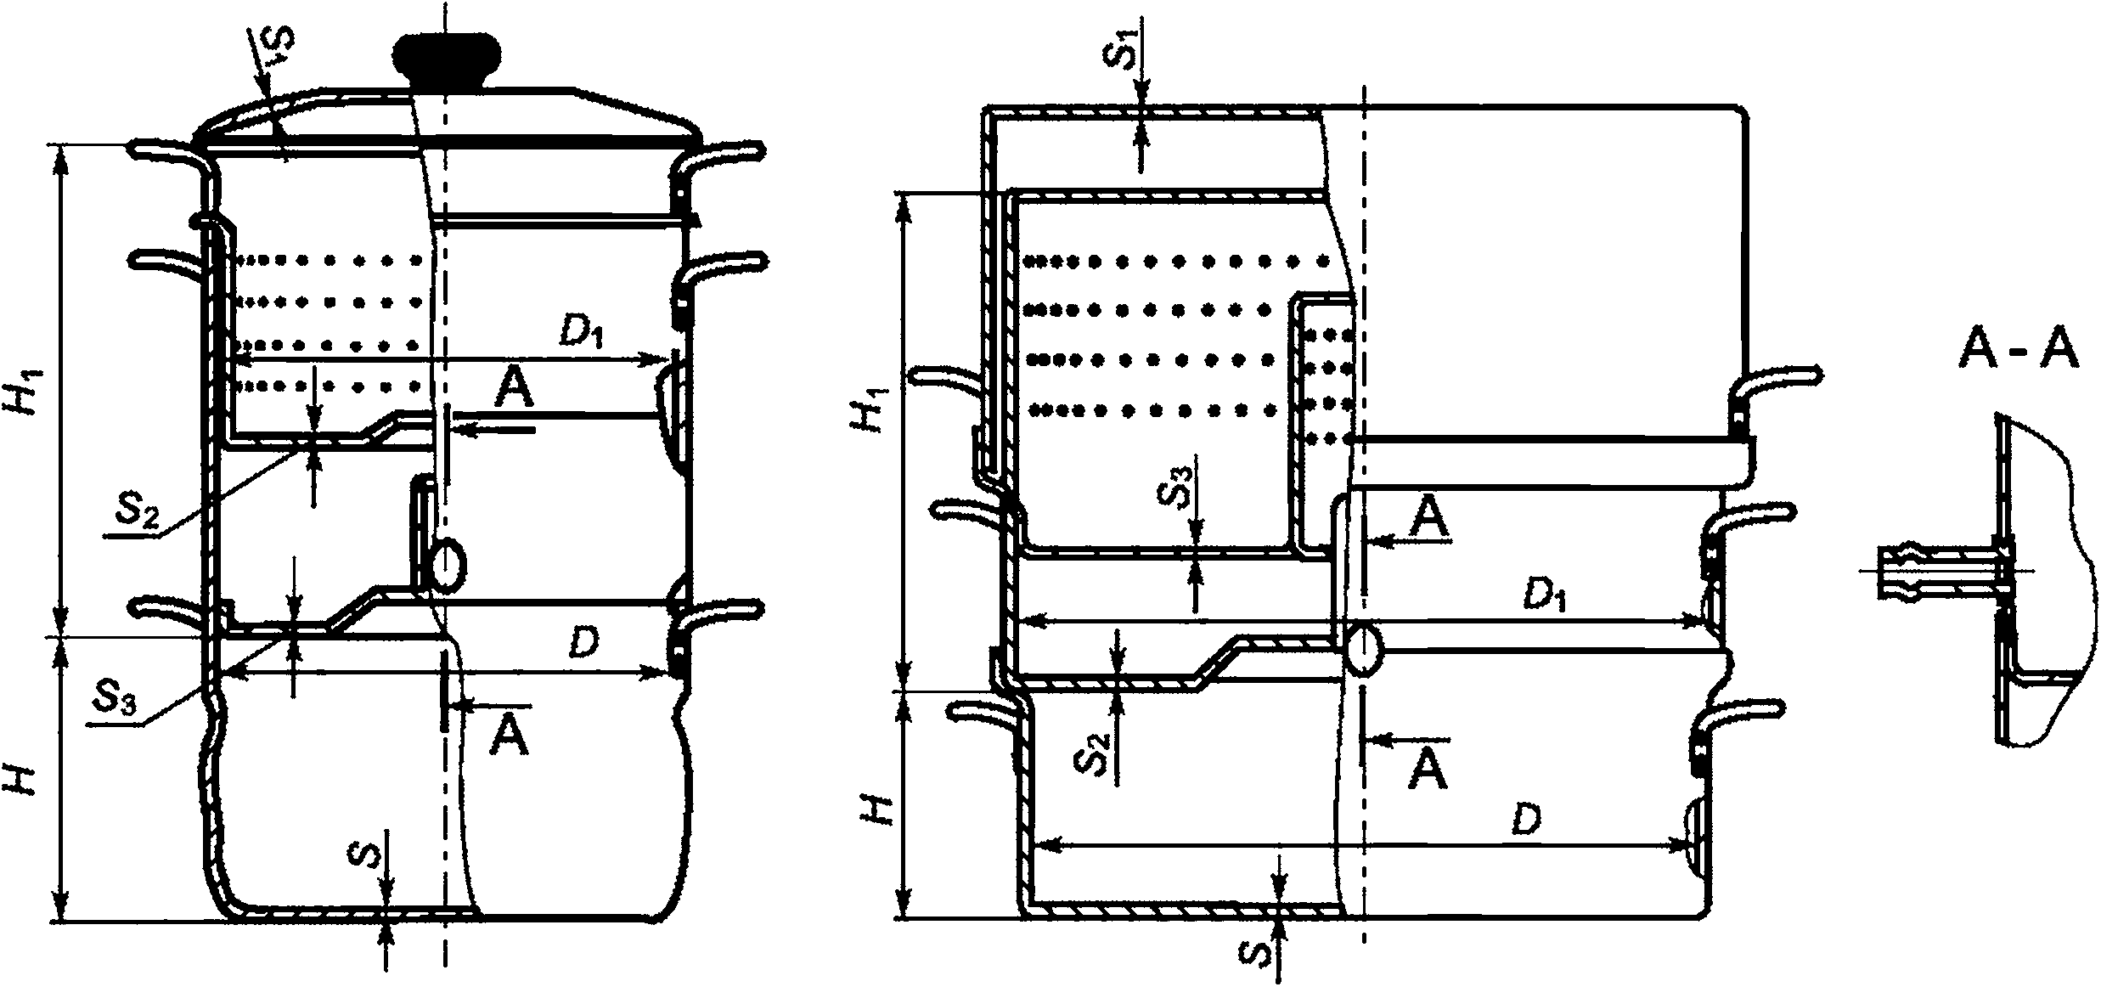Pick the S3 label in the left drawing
pos(115,698)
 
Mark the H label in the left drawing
pos(22,775)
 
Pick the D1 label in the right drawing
pos(1544,597)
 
